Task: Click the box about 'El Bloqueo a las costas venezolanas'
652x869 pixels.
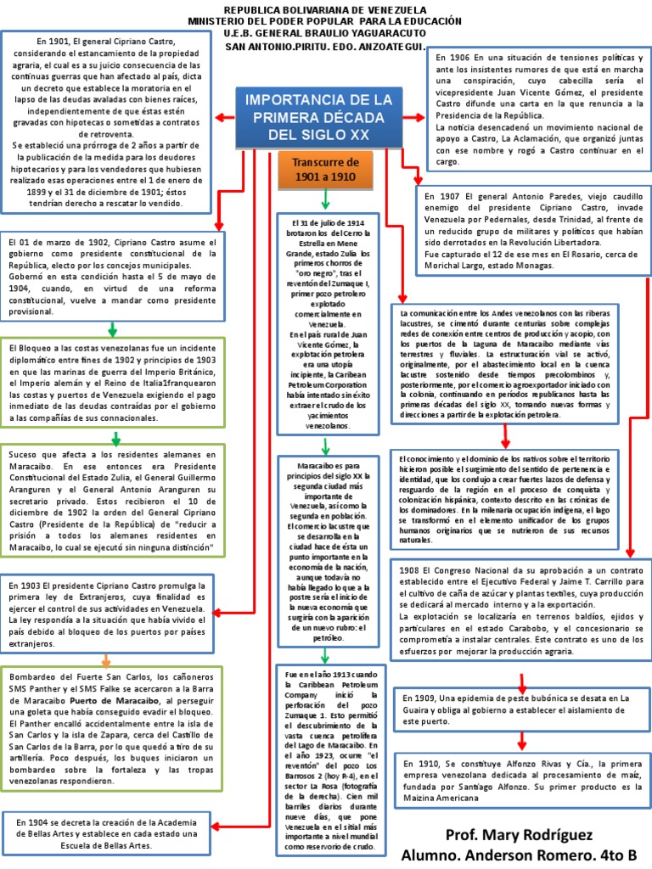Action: [x=113, y=384]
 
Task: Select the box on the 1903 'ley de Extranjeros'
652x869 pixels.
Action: [x=113, y=614]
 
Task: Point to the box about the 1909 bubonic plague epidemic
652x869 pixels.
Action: [x=521, y=710]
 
